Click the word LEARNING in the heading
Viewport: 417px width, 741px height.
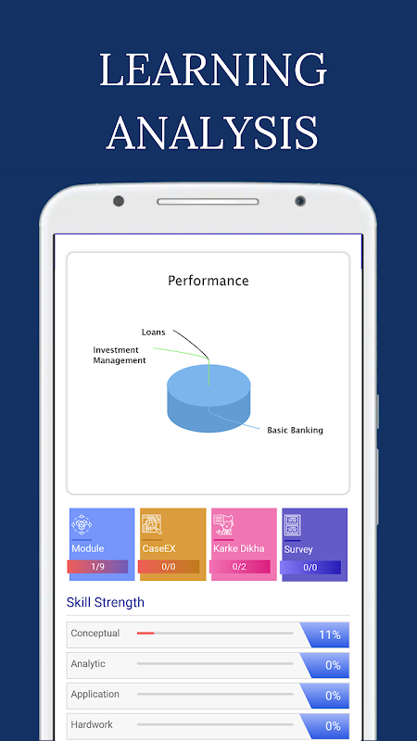click(x=213, y=69)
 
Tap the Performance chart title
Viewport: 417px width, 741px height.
click(x=208, y=281)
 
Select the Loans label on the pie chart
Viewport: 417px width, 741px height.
click(x=154, y=333)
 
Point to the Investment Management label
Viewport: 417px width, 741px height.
click(x=120, y=355)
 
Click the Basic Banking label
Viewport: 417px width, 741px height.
click(x=295, y=430)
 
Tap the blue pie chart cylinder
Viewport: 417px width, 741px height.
click(x=208, y=398)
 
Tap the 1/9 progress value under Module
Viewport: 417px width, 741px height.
click(x=97, y=567)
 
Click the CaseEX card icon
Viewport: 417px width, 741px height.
click(x=152, y=524)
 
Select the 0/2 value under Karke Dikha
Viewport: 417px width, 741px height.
click(x=239, y=567)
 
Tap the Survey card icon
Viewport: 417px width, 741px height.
click(x=293, y=525)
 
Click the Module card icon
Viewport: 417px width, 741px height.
click(x=82, y=524)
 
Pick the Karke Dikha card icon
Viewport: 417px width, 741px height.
click(x=223, y=524)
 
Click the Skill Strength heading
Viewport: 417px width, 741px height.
click(x=106, y=603)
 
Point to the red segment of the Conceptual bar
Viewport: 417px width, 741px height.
click(x=145, y=633)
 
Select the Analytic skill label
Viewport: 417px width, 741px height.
click(x=88, y=664)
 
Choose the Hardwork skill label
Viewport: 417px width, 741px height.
click(x=92, y=724)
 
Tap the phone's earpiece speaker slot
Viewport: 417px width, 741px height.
click(x=208, y=202)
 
